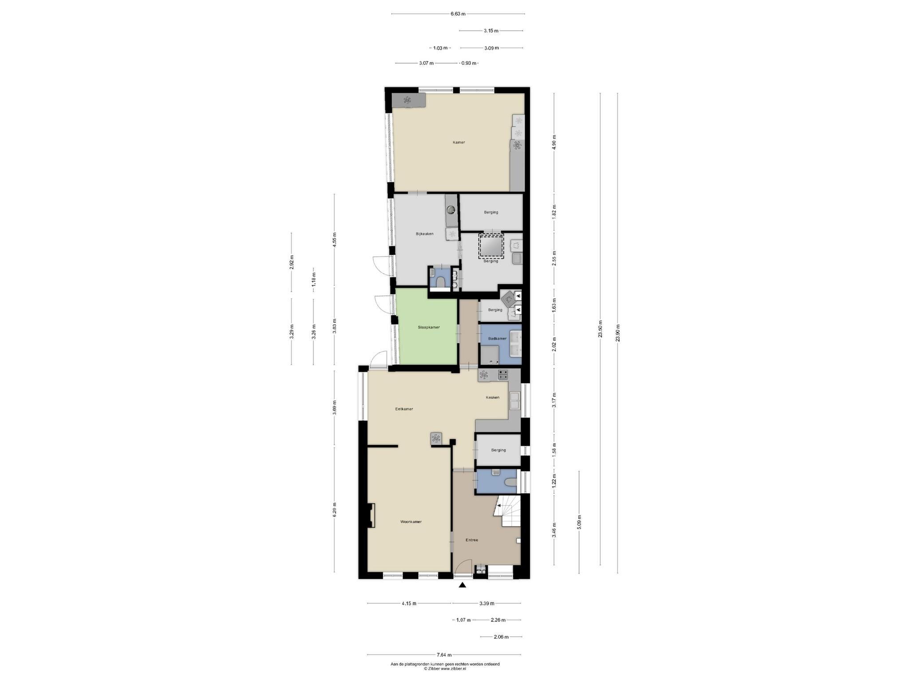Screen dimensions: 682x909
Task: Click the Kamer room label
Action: (458, 143)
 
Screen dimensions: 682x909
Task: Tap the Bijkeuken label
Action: (424, 234)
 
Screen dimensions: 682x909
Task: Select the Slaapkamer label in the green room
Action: (428, 327)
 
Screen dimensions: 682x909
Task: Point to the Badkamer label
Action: (497, 339)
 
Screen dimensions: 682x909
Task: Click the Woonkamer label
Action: (411, 522)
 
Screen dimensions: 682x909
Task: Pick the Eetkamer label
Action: (404, 409)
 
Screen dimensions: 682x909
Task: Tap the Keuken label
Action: (492, 397)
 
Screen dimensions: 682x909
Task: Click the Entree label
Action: (472, 540)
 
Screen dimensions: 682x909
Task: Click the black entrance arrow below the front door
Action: (462, 585)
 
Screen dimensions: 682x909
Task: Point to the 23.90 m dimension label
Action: (618, 333)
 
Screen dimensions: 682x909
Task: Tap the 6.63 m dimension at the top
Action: (458, 14)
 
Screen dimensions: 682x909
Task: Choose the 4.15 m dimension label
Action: (409, 603)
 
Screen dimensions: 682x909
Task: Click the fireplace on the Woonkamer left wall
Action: (370, 515)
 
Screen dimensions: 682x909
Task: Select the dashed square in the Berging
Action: (491, 246)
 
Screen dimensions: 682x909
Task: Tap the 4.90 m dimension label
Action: (554, 143)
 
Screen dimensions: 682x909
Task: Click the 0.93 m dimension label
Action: (469, 63)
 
